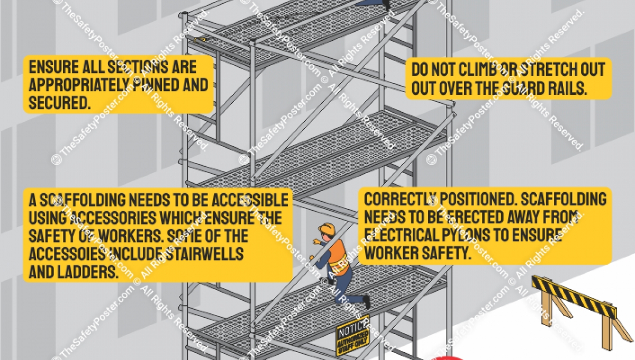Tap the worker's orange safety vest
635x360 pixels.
(338, 256)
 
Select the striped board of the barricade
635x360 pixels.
(574, 297)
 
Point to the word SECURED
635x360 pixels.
(58, 102)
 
